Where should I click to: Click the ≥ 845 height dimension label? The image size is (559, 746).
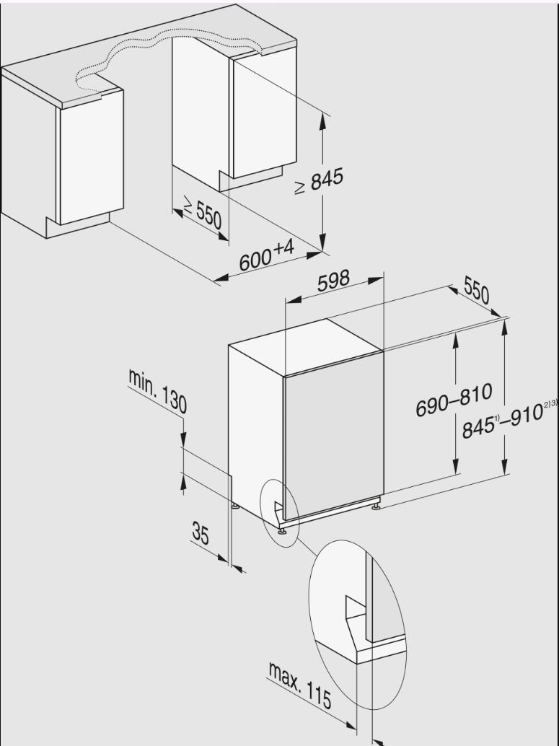[318, 183]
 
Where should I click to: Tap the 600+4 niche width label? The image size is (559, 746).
[267, 256]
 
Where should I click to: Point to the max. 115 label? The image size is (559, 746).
[300, 685]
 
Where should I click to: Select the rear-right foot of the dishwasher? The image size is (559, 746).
[377, 508]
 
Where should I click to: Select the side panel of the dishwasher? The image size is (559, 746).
[256, 426]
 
